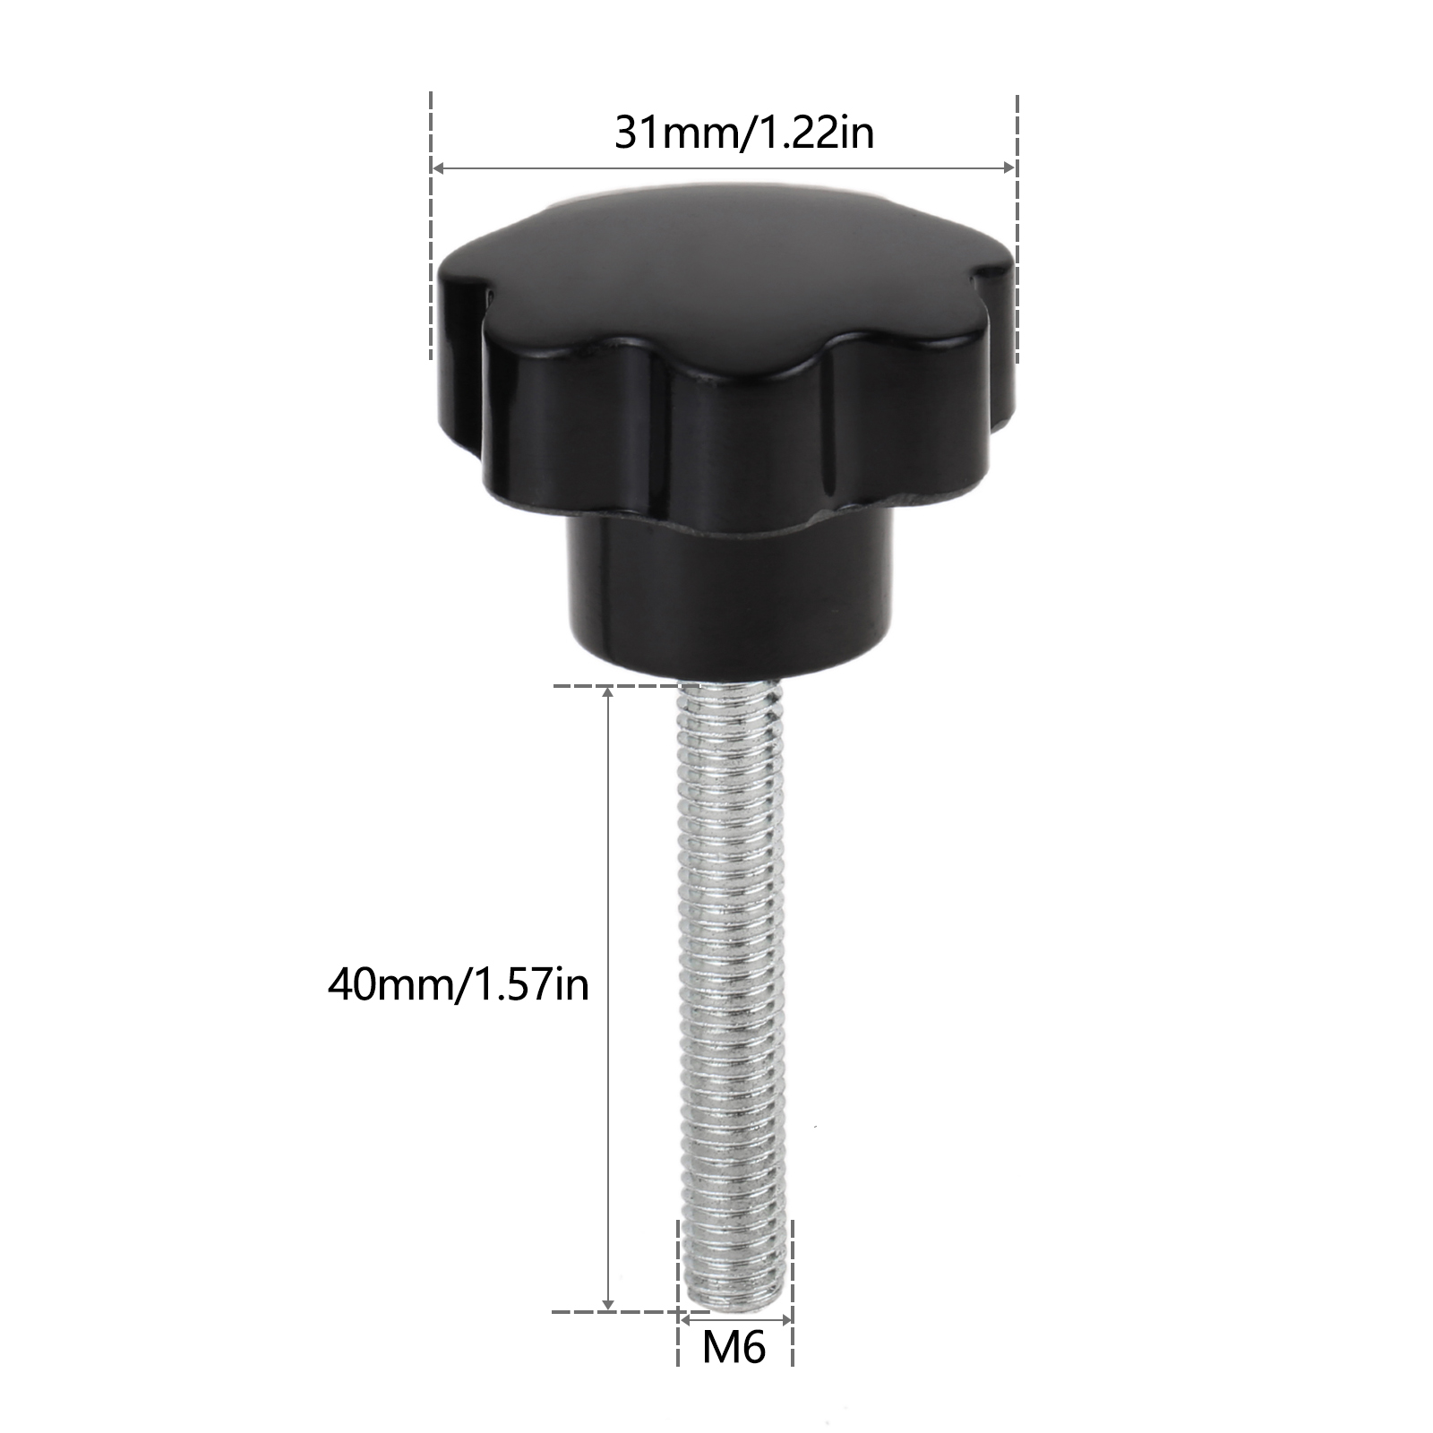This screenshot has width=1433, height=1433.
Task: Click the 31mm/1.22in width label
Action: click(743, 133)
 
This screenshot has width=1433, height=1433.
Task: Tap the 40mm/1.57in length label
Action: click(459, 985)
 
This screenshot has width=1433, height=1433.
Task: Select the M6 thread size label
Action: click(734, 1346)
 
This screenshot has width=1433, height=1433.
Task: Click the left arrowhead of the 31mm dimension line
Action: click(439, 167)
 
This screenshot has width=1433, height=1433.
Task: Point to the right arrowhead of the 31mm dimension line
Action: click(1008, 167)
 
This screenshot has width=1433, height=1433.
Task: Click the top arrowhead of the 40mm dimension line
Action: click(609, 694)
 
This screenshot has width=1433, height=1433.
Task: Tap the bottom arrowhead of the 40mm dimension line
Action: click(609, 1304)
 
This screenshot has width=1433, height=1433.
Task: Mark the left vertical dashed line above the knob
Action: click(432, 224)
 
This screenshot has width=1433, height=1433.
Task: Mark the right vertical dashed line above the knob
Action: click(1017, 228)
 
